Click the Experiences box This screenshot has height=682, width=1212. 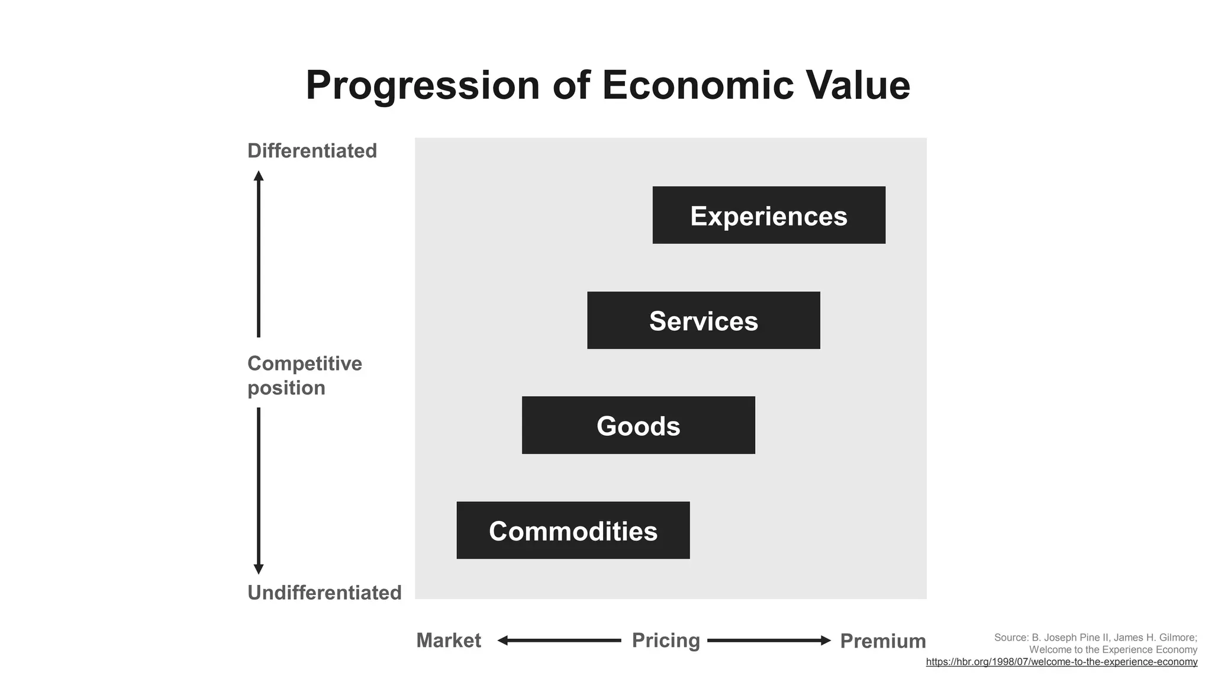(x=769, y=215)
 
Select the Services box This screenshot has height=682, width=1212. (x=703, y=320)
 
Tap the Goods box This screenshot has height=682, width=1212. (x=638, y=426)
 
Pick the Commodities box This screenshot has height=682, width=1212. (x=573, y=530)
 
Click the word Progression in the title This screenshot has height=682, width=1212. (x=423, y=86)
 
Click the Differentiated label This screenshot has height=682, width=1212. (x=312, y=151)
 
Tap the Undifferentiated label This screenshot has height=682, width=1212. (x=324, y=593)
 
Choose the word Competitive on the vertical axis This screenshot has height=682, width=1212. (x=304, y=363)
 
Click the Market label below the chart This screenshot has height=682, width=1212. (x=449, y=641)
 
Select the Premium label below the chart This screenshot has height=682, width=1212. (x=883, y=641)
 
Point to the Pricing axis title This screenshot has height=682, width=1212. (x=666, y=641)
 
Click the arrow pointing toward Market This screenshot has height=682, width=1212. (x=559, y=641)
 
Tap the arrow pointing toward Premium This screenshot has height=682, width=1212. (x=769, y=641)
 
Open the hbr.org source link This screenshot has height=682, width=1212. (x=1061, y=662)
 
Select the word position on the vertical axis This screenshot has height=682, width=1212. (x=286, y=388)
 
